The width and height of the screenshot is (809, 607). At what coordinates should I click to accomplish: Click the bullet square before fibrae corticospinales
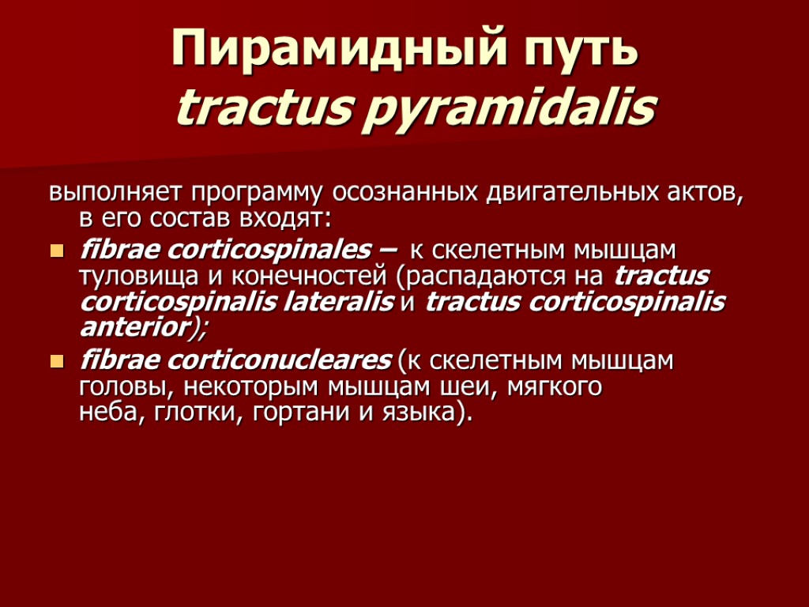point(56,251)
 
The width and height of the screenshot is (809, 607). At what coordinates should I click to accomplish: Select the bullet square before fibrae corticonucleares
point(56,362)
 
